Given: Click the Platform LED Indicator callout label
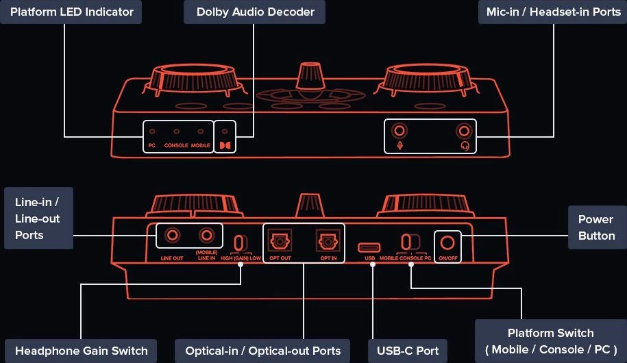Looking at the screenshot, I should [71, 12].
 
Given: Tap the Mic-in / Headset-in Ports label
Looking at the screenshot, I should [552, 12].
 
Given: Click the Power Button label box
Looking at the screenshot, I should [596, 227].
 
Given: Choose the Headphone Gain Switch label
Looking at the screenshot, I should [81, 351].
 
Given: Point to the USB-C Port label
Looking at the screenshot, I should [408, 351].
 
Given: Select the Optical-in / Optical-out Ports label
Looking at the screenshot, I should [263, 351].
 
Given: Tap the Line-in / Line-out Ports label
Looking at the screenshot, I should [37, 218].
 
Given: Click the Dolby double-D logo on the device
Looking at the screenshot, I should [225, 145].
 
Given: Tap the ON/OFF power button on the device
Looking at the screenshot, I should [448, 242].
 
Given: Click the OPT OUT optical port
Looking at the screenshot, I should [280, 241].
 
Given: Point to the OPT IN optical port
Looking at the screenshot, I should [327, 241].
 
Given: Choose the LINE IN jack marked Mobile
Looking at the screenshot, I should [207, 236].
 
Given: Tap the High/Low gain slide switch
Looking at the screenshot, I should [238, 242].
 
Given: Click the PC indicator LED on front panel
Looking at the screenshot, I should [152, 132].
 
